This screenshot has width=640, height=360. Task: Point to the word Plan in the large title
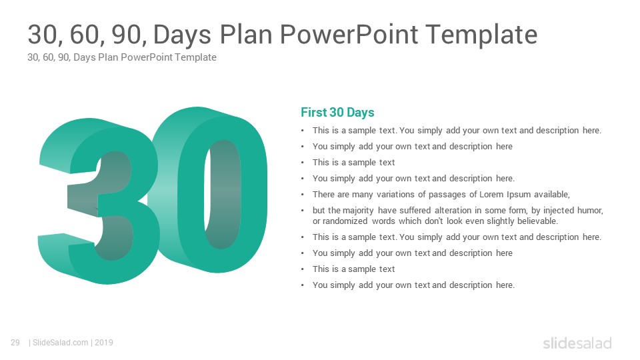(246, 34)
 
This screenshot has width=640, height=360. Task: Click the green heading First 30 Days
(337, 112)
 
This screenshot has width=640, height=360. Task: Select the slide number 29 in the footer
(15, 343)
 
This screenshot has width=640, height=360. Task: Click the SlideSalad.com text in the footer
(60, 343)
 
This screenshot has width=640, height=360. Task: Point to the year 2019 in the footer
(104, 343)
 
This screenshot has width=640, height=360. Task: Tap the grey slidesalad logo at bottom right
(577, 343)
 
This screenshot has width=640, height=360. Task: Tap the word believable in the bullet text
(537, 221)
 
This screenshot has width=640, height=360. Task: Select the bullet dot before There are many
(303, 195)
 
